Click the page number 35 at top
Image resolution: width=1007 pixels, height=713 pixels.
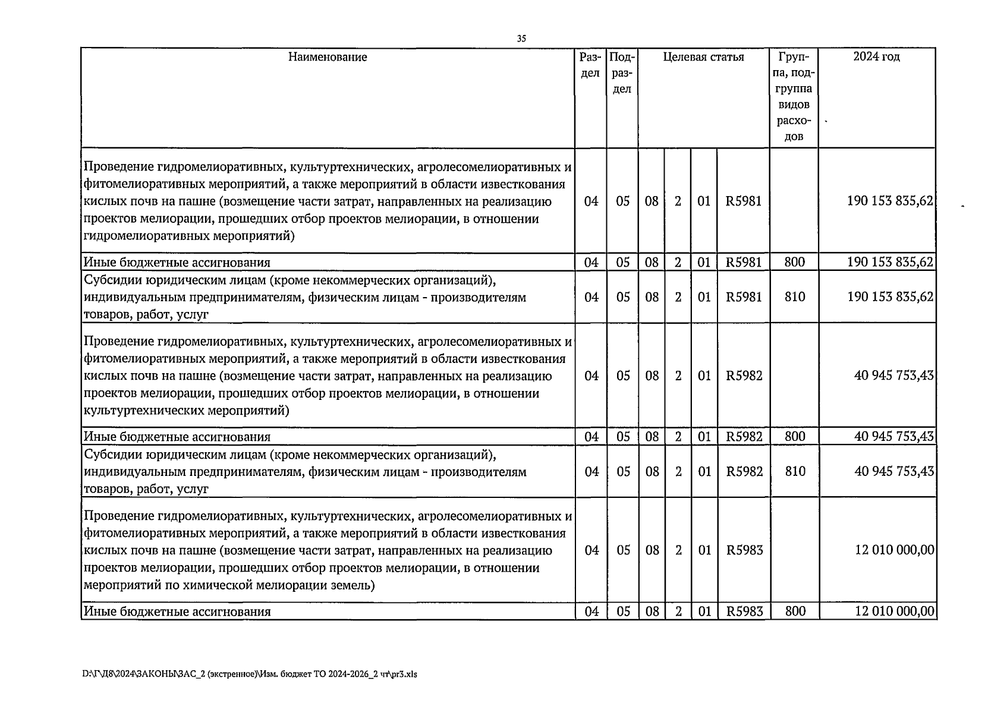521,39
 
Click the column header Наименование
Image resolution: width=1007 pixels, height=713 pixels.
328,57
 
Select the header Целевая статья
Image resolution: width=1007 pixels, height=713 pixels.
703,57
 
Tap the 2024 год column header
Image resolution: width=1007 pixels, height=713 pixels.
876,57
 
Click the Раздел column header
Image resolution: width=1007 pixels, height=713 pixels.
590,65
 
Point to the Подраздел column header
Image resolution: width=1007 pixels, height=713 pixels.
622,73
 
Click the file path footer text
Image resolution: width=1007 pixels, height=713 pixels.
250,674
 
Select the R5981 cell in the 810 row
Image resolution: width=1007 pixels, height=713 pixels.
743,297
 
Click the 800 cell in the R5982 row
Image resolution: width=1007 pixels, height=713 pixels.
794,437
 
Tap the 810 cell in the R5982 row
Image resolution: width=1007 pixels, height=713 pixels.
794,472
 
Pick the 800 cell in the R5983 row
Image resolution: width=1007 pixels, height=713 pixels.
795,611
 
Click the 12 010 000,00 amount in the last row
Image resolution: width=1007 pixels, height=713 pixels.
894,611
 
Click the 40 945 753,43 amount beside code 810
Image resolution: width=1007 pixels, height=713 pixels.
893,472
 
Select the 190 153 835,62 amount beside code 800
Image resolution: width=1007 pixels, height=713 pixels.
889,262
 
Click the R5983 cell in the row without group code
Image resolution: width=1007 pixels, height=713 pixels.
744,550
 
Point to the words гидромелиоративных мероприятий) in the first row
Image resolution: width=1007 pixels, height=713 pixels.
189,236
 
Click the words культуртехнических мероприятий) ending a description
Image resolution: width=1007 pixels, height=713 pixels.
187,411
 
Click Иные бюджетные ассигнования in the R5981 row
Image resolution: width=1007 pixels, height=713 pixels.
177,263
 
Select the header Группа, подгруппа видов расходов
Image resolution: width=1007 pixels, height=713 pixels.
794,97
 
